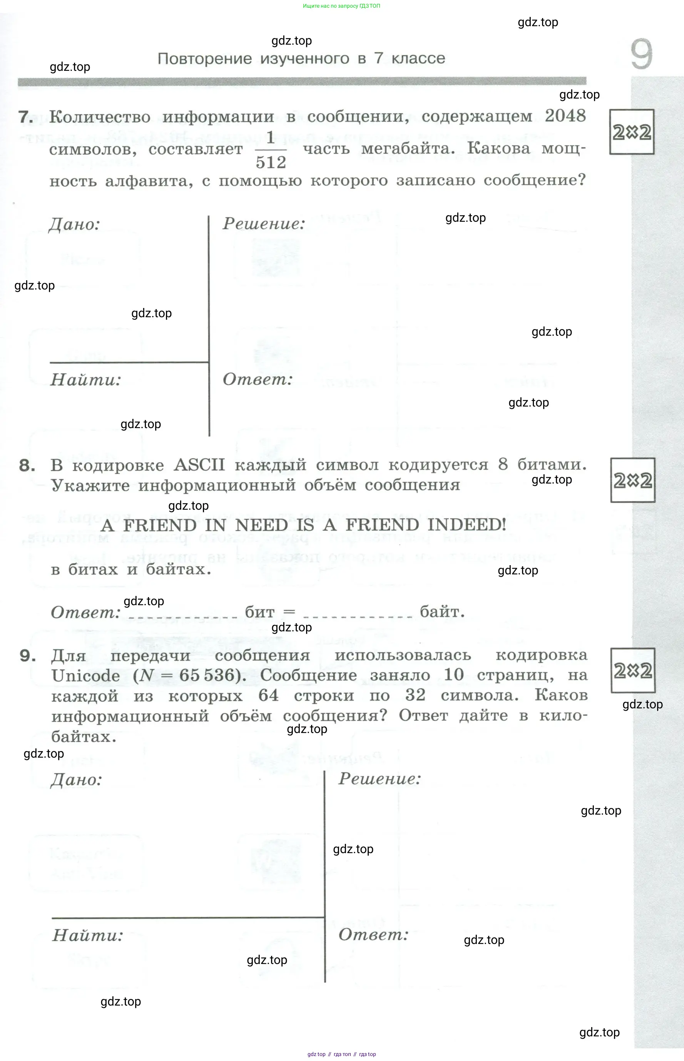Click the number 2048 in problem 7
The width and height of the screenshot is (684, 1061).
tap(565, 115)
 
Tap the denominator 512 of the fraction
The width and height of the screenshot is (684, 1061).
tap(271, 162)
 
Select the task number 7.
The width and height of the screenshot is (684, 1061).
tap(26, 117)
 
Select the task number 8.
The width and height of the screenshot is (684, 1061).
tap(27, 465)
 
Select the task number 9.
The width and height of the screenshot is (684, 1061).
tap(28, 656)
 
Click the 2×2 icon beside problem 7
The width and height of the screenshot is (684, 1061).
tap(632, 132)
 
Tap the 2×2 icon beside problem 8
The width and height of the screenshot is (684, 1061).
tap(633, 480)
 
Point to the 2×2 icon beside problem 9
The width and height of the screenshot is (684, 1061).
tap(633, 670)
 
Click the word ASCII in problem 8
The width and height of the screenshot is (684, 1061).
tap(199, 465)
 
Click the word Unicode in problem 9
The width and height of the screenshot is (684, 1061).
tap(86, 676)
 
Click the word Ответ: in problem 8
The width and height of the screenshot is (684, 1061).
tap(86, 613)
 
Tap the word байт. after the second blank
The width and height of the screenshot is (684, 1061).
tap(442, 612)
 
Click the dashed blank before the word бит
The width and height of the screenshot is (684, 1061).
tap(183, 618)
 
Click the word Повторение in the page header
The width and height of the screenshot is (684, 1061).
tap(205, 58)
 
